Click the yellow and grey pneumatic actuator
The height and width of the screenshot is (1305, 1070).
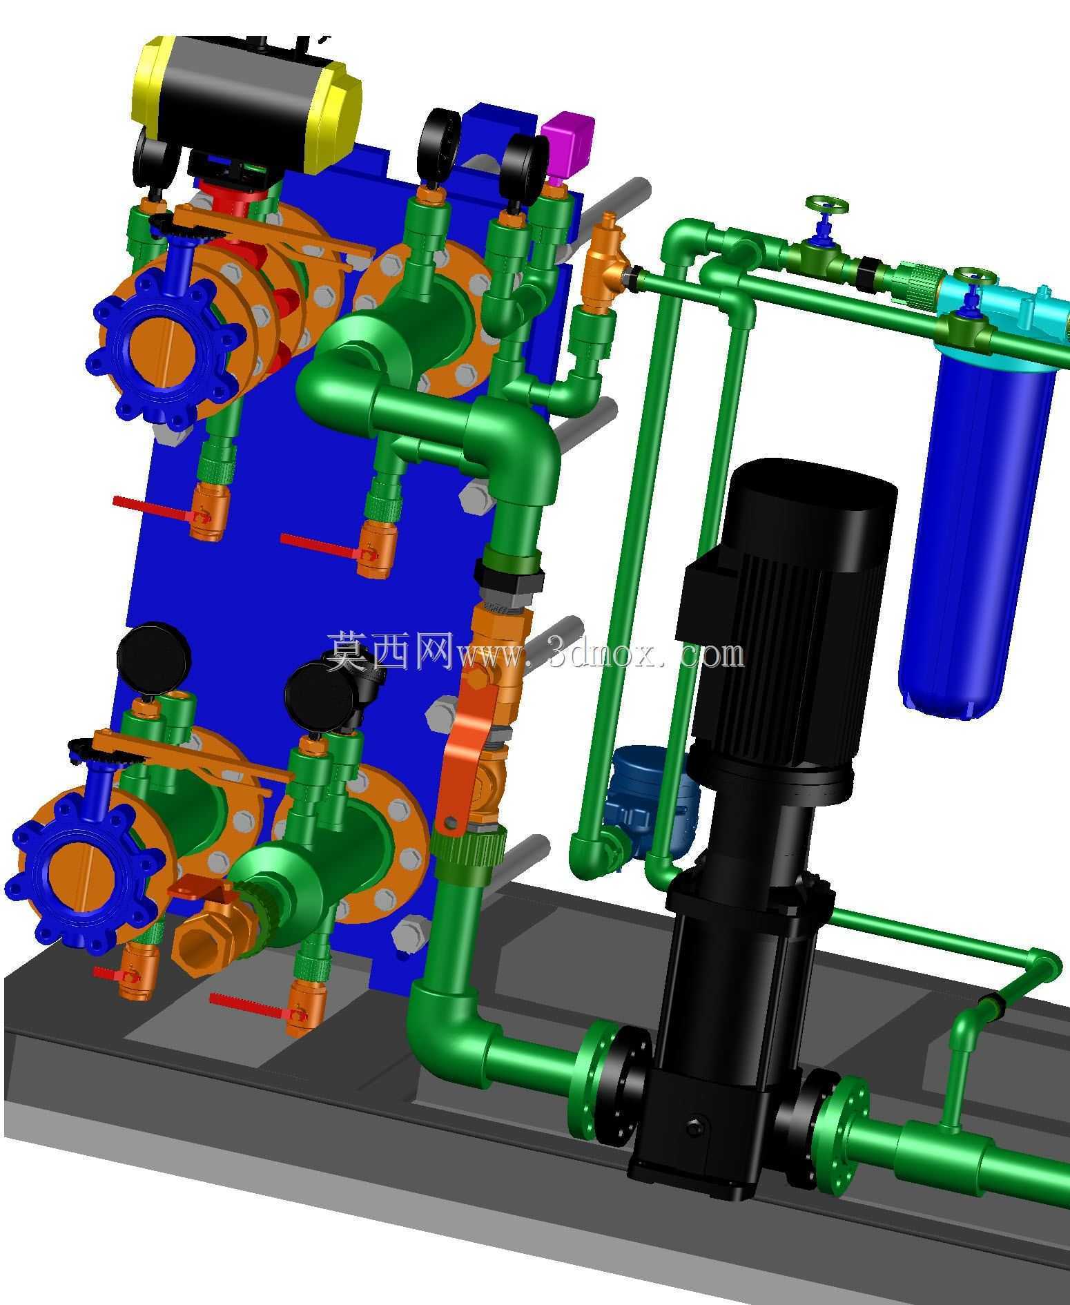click(247, 104)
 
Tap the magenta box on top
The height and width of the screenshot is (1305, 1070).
click(567, 144)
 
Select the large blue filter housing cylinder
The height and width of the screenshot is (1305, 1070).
click(977, 532)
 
